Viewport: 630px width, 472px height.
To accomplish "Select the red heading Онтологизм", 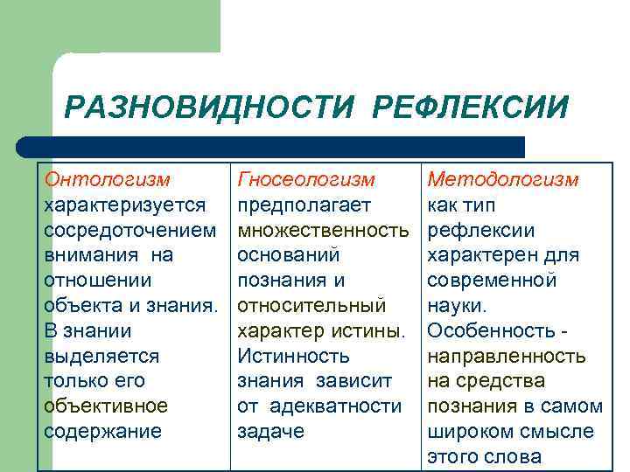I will (107, 179).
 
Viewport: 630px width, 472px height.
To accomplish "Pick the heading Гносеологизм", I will (306, 179).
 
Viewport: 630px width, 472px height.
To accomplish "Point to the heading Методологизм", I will (502, 179).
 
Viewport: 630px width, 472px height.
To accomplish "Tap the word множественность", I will (323, 230).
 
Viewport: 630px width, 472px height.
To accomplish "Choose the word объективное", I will (106, 406).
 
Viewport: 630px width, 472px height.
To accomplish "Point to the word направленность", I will (506, 356).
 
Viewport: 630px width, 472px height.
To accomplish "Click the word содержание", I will (103, 432).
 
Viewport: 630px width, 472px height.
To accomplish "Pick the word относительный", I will (311, 306).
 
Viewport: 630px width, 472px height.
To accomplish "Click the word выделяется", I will (101, 356).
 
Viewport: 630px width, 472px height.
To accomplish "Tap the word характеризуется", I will (124, 205).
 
